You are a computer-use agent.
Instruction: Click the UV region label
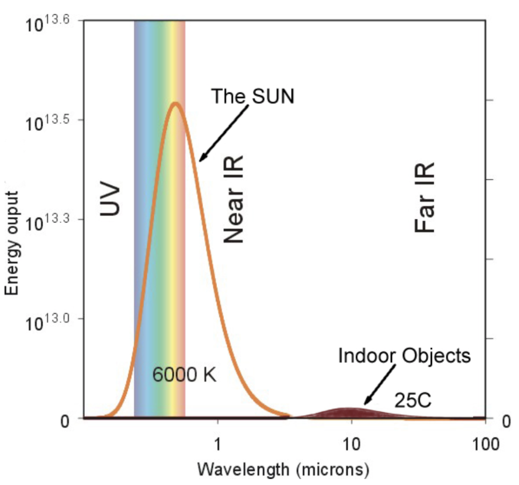coord(110,201)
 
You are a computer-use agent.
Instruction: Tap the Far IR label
coord(425,198)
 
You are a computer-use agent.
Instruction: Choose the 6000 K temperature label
coord(184,376)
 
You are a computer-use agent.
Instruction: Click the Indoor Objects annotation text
coord(404,356)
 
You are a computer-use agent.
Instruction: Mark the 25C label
coord(413,400)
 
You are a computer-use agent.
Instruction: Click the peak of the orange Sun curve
coord(175,103)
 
